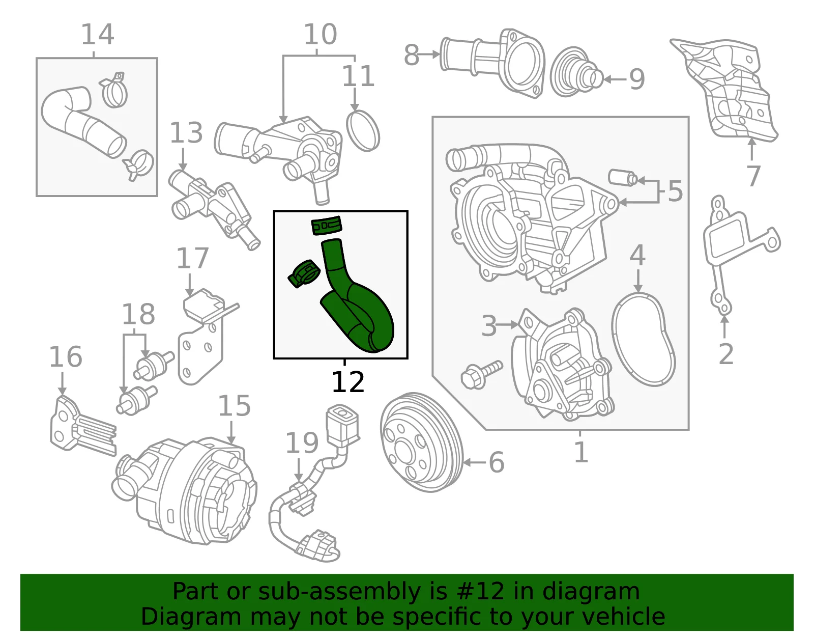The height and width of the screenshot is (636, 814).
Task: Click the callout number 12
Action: point(348,382)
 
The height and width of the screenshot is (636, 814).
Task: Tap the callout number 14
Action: point(97,34)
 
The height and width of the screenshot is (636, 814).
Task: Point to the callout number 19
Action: point(302,443)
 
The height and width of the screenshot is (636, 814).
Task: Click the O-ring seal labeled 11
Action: point(363,131)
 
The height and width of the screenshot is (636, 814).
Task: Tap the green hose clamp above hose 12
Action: point(327,226)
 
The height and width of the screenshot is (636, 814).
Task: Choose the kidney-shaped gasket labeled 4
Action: point(643,339)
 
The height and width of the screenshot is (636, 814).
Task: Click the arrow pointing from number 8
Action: point(428,54)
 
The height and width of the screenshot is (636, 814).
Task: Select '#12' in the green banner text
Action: point(481,591)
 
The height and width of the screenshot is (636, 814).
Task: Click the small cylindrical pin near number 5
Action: point(622,178)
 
